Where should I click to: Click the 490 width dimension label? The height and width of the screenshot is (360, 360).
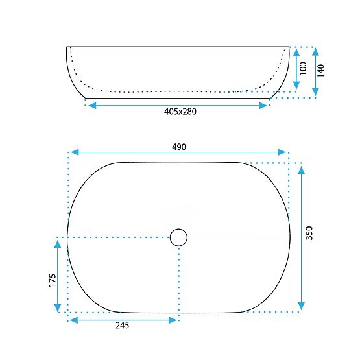179,147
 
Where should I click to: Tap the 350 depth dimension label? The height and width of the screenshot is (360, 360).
309,233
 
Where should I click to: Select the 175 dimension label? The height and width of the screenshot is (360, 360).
53,280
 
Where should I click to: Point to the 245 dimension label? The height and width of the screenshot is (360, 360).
122,326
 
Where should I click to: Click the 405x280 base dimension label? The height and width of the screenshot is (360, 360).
180,112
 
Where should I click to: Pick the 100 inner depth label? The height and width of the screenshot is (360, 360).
303,68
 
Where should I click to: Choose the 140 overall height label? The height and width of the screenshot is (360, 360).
320,71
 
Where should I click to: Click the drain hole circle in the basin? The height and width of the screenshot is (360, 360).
178,237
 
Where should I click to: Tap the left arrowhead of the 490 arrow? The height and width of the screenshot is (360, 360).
75,152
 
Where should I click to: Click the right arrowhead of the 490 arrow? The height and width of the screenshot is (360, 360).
282,152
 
